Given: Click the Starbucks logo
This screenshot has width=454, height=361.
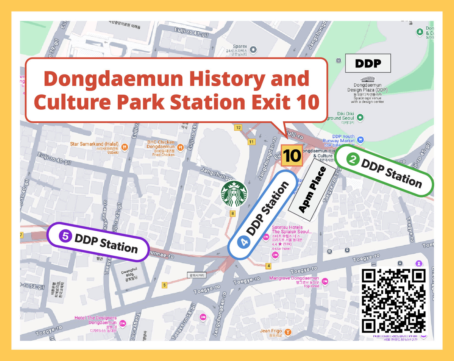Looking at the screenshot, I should [234, 194].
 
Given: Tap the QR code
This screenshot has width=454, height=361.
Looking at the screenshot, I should [393, 300].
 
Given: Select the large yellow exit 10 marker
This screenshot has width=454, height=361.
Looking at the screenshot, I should [292, 156].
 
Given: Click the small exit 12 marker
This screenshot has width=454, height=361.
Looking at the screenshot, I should [238, 127].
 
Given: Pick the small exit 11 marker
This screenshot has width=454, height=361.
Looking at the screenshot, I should [251, 142].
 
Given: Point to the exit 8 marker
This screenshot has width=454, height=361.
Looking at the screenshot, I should [233, 213].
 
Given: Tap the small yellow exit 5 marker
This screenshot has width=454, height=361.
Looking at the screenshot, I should [165, 285].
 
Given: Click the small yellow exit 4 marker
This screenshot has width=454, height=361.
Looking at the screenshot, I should [269, 266].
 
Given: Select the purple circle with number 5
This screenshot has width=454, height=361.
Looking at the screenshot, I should [65, 236].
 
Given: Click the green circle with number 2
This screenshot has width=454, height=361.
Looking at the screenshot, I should [353, 159].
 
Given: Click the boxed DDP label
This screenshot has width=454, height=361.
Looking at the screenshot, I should [368, 63].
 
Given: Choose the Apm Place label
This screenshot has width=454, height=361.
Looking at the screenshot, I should [312, 190].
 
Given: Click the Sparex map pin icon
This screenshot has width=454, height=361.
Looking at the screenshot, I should [253, 50].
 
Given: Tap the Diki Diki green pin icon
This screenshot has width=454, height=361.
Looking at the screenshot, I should [360, 117].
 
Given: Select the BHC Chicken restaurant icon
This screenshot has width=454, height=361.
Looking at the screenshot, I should [180, 148].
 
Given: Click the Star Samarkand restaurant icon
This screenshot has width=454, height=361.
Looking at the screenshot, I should [125, 147].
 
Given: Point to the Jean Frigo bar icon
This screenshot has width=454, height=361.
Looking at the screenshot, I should [288, 332].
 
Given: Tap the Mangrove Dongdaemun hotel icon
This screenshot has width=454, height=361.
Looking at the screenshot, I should [325, 281].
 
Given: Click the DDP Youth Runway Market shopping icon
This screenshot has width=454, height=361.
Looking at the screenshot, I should [360, 140].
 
